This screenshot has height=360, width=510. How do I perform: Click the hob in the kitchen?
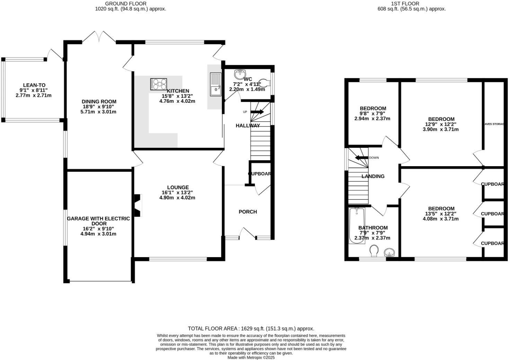(159, 84)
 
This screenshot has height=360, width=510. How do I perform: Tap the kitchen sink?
(215, 84)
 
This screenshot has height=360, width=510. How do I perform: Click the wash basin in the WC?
(239, 74)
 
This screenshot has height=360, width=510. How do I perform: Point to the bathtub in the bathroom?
(357, 226)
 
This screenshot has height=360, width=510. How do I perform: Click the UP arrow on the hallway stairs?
(257, 112)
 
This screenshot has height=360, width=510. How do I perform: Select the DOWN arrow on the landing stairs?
(361, 158)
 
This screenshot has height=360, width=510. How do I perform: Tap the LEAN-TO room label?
(34, 85)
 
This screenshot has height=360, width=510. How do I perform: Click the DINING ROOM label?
(99, 101)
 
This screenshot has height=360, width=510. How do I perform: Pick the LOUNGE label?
(177, 187)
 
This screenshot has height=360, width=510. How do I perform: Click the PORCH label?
(248, 211)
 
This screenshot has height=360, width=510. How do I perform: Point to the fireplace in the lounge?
(138, 206)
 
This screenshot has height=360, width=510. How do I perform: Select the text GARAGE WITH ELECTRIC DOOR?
(98, 221)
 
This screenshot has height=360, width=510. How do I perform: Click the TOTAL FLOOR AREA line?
(251, 328)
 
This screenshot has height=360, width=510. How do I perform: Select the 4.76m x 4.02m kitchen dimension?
(177, 101)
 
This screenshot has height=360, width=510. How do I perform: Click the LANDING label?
(373, 176)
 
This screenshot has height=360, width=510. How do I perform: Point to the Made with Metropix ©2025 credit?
(251, 358)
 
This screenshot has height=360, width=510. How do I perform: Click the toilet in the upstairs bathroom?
(374, 251)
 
